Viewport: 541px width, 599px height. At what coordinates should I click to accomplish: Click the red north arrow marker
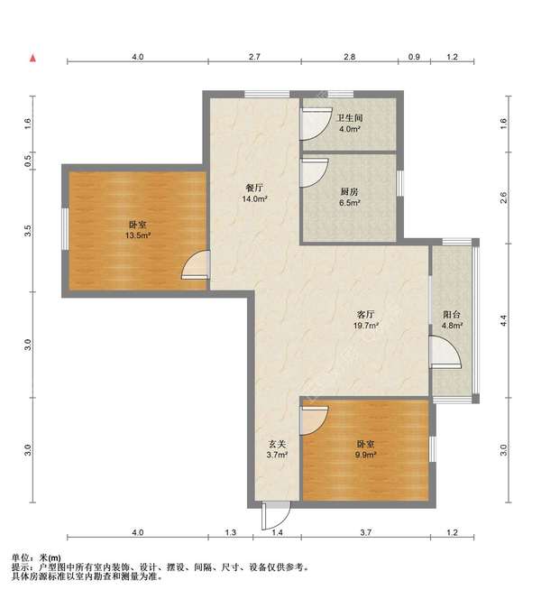tap(33, 58)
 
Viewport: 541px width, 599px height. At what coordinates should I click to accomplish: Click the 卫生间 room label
tap(349, 118)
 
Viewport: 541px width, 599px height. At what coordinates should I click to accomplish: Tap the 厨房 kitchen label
tap(349, 192)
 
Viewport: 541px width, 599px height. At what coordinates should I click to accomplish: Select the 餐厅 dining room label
tap(254, 188)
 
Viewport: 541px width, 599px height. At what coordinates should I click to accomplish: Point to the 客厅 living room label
tap(365, 315)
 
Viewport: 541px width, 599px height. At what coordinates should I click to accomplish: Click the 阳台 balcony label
tap(452, 315)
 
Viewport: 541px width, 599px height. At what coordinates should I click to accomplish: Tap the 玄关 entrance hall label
tap(277, 444)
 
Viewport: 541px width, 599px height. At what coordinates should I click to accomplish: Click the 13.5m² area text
tap(137, 235)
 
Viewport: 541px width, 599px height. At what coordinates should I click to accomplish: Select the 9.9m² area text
tap(365, 455)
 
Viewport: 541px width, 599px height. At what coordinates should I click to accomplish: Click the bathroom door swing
tap(316, 124)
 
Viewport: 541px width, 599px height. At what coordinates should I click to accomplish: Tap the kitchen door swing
tap(314, 173)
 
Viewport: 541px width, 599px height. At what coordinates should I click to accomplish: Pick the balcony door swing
tap(445, 352)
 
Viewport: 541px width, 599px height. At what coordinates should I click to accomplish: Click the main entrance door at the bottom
tap(276, 515)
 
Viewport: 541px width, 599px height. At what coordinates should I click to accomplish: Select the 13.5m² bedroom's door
tap(196, 264)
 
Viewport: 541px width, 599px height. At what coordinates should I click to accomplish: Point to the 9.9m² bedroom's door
tap(314, 420)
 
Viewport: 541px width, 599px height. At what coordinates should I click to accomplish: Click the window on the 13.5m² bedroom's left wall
tap(65, 229)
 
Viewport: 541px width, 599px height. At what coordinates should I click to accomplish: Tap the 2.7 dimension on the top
tap(254, 57)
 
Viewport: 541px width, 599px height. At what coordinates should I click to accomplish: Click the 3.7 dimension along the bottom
tap(365, 532)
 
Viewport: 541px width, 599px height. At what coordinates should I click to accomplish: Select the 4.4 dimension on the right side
tap(504, 320)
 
